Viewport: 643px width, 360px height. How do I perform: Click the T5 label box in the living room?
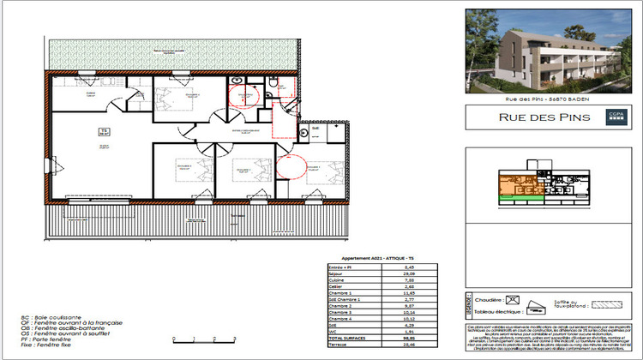point(103,131)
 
